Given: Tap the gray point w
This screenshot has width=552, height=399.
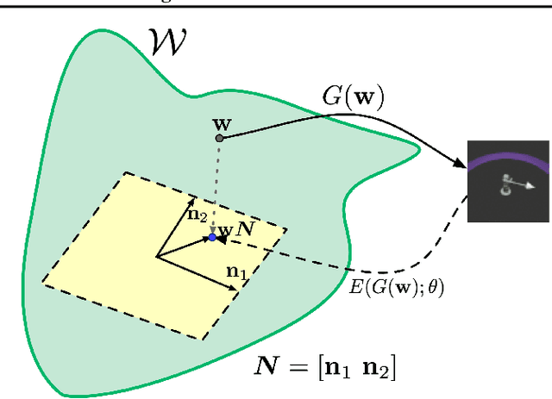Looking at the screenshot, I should (x=219, y=137).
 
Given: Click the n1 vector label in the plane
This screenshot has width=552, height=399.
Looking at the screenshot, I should (x=235, y=271).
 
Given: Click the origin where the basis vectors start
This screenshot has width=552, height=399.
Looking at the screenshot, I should (x=157, y=256).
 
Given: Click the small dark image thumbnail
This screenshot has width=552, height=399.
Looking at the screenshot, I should (x=508, y=182).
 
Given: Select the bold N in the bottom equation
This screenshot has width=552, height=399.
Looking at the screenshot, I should (x=270, y=368).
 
